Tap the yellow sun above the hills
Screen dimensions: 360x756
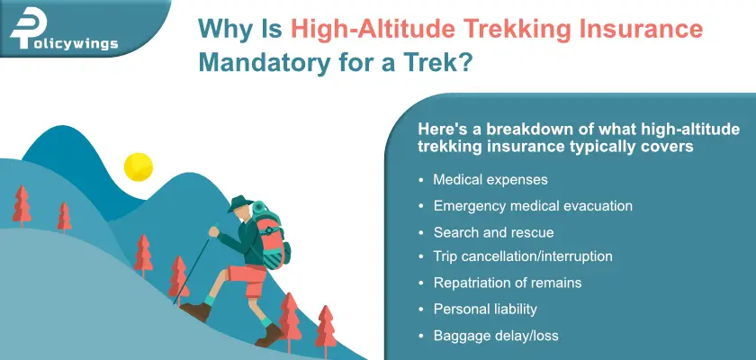(139, 166)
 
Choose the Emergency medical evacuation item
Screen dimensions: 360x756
(533, 205)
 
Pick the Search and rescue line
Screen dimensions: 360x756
(493, 232)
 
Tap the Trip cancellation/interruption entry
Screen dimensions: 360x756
(523, 256)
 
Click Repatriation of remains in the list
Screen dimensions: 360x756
(508, 283)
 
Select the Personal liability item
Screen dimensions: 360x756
(485, 309)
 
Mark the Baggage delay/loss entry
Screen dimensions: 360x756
(496, 336)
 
